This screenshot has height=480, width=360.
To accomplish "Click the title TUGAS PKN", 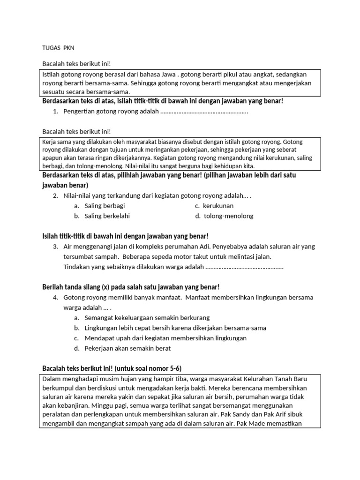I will pyautogui.click(x=58, y=48).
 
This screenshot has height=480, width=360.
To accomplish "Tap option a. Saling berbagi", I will pyautogui.click(x=105, y=206).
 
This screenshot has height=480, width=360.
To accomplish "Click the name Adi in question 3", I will pyautogui.click(x=206, y=247).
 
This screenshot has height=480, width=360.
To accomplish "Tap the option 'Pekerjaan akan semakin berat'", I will pyautogui.click(x=127, y=348).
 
